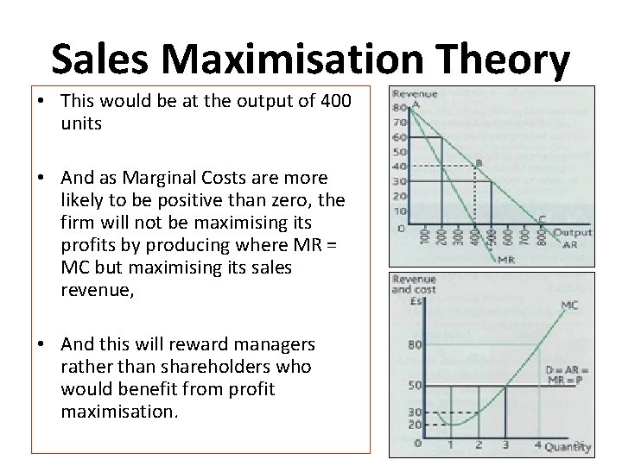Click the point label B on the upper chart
[479, 161]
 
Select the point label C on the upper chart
[543, 218]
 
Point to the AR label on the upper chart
[569, 244]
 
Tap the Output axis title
[572, 232]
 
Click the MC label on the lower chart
[569, 305]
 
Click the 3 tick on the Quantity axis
[506, 445]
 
